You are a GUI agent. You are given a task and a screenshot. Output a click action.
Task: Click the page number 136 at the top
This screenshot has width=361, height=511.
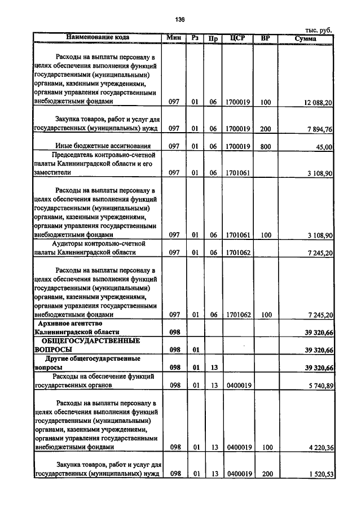(x=180, y=20)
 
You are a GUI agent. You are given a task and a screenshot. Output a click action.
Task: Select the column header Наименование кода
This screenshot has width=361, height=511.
(x=98, y=38)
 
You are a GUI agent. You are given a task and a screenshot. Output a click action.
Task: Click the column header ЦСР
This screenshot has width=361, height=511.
(x=237, y=38)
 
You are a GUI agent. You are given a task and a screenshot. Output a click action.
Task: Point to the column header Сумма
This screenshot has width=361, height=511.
(x=306, y=38)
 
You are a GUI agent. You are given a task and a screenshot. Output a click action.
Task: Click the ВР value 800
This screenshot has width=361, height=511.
(x=265, y=146)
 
